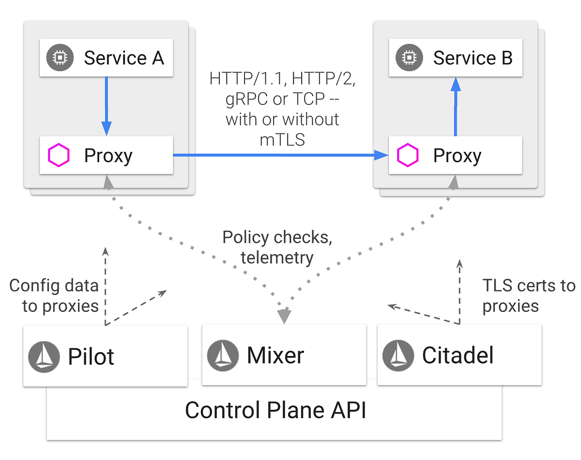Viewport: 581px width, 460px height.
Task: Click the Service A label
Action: [124, 58]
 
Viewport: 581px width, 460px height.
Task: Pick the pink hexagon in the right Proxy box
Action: [408, 155]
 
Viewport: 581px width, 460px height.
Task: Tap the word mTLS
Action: [282, 139]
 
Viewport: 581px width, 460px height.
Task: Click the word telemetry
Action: [277, 257]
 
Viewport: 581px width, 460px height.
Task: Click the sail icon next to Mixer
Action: [223, 356]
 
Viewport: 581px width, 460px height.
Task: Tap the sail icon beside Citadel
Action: [398, 356]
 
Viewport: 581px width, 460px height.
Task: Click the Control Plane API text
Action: [275, 410]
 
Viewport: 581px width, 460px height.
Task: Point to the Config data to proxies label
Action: [54, 295]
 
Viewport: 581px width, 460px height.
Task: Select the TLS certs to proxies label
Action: [528, 295]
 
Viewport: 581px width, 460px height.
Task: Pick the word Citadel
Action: [458, 356]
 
